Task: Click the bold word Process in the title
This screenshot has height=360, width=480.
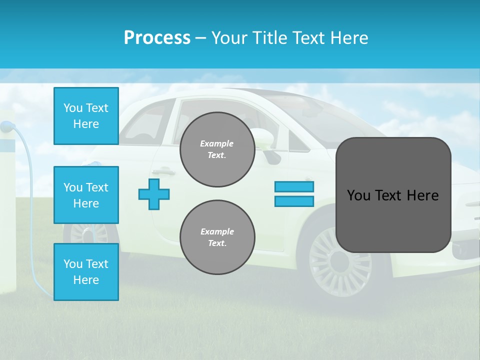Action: [157, 38]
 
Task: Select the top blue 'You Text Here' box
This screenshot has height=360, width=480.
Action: [86, 116]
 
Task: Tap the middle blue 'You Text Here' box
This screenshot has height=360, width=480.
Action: [86, 195]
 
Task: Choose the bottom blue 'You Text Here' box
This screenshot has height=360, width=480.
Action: [86, 272]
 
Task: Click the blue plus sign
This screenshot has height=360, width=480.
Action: [154, 194]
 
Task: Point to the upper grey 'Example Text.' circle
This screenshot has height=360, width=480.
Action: [217, 149]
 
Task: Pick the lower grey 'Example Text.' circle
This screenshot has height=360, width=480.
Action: [217, 237]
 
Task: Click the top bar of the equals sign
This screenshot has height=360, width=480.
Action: [294, 187]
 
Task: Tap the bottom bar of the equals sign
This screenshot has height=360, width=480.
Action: [294, 201]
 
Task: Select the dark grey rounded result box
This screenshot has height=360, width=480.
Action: [393, 195]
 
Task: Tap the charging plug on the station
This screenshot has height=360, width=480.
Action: [6, 126]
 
